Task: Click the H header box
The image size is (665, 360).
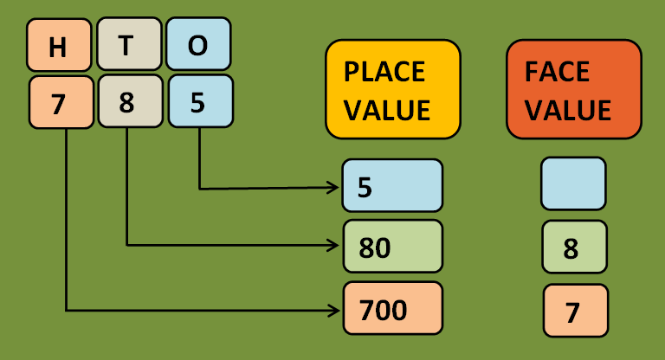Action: pos(58,46)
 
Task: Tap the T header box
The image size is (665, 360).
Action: pos(128,46)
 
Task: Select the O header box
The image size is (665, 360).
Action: pos(198,46)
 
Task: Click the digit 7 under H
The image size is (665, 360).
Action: pos(61,103)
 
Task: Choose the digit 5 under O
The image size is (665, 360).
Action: pos(200,103)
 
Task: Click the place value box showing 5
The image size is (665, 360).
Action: pos(392,186)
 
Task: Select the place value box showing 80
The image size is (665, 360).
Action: pos(392,247)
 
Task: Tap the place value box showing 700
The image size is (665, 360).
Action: pos(392,309)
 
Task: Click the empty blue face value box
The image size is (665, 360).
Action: pos(573,183)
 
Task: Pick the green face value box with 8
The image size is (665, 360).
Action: pos(573,247)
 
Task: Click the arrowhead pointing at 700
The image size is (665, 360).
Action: pos(334,309)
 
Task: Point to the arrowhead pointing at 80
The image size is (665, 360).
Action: pos(334,246)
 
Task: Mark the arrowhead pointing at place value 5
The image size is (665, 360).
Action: pos(334,187)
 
